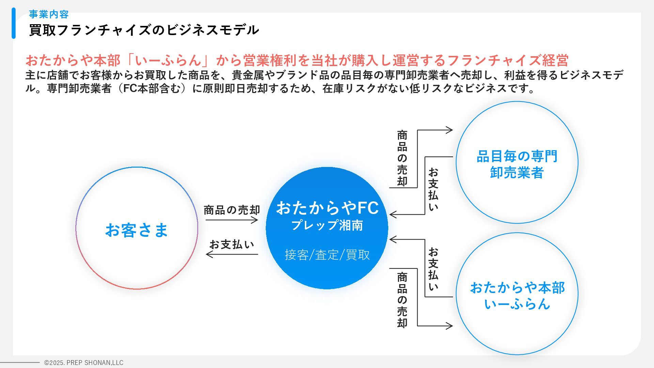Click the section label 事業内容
49,14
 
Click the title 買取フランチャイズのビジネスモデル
144,30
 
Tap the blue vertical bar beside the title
14,23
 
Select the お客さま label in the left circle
137,230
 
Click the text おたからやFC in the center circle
327,208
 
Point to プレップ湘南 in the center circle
327,225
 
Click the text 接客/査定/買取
327,255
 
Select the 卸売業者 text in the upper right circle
517,172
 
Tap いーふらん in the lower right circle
517,304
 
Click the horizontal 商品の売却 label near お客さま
232,210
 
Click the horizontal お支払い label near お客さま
232,245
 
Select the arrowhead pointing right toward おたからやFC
255,220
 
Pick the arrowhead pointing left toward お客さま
209,254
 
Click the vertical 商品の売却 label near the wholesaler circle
402,158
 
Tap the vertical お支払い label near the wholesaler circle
433,189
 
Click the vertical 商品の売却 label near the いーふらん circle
402,300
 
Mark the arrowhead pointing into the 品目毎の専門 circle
450,130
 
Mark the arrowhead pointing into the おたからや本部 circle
450,326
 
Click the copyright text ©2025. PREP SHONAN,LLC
84,363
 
